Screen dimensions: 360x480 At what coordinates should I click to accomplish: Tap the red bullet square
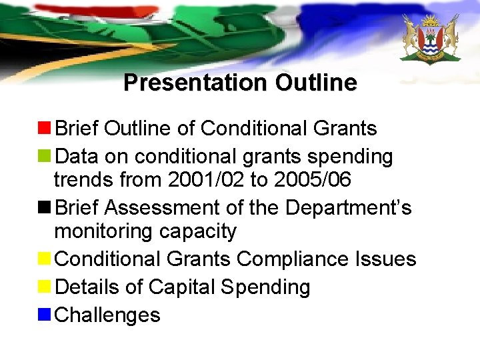pyautogui.click(x=45, y=128)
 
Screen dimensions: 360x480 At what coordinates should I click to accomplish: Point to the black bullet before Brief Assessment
pyautogui.click(x=45, y=208)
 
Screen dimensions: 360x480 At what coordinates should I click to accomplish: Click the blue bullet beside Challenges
pyautogui.click(x=45, y=315)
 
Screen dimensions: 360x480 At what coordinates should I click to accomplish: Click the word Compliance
pyautogui.click(x=299, y=259)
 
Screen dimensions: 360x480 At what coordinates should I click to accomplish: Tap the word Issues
pyautogui.click(x=391, y=259)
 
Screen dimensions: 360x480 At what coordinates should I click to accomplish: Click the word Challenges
pyautogui.click(x=107, y=315)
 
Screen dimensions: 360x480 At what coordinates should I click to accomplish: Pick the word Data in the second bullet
pyautogui.click(x=76, y=157)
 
